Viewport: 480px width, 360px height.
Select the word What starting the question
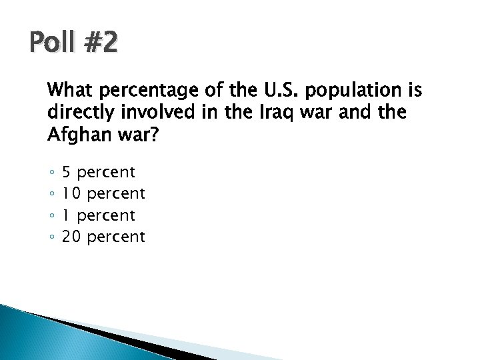[x=69, y=90]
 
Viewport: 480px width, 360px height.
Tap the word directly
[x=79, y=113]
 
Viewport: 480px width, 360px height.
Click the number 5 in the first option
[x=67, y=173]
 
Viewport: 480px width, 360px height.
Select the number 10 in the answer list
[x=72, y=194]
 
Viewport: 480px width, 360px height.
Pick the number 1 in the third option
[x=66, y=215]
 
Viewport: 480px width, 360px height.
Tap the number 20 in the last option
[x=72, y=237]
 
